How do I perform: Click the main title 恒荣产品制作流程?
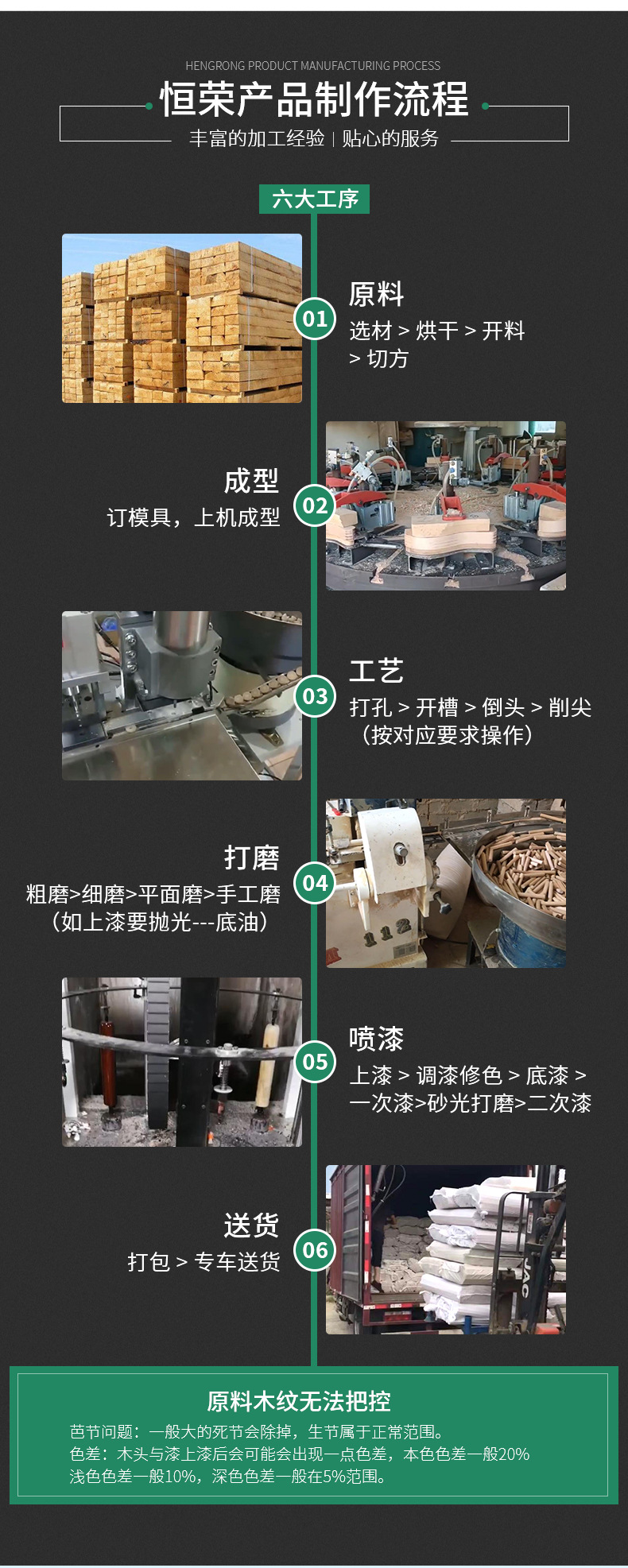point(314,100)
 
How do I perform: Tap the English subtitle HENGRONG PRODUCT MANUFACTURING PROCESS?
point(312,66)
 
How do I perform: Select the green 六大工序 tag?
point(314,199)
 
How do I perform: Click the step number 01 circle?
point(315,319)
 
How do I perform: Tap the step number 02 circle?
point(315,505)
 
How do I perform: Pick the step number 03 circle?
point(315,696)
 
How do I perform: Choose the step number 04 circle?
point(315,883)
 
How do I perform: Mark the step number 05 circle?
point(315,1061)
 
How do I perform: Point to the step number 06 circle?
point(315,1249)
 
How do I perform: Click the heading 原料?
point(376,294)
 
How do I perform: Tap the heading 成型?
point(251,481)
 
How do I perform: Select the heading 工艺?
point(376,671)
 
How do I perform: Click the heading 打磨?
point(251,858)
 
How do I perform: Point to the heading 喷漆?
point(376,1039)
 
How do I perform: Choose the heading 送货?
point(251,1225)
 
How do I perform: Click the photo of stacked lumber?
point(182,318)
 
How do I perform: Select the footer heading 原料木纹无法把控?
point(299,1400)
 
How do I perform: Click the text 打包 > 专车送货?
point(204,1262)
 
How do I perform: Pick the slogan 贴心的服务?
point(390,138)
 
